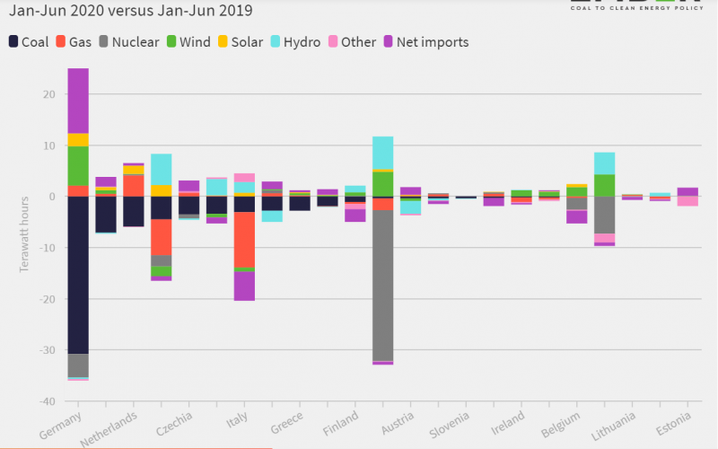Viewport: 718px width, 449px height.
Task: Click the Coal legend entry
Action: click(28, 42)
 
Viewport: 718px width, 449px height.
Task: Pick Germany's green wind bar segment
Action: click(78, 166)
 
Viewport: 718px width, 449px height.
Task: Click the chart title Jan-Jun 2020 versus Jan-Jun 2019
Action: click(130, 12)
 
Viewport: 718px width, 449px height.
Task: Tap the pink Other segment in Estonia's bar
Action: click(687, 201)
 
